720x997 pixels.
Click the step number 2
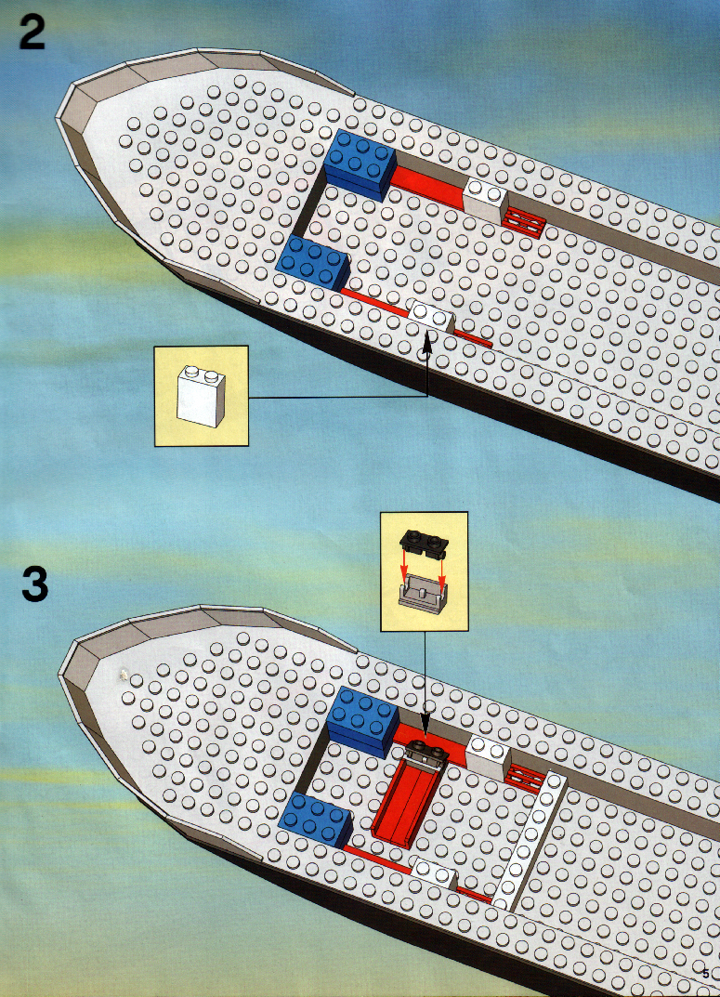[32, 33]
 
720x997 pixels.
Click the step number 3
[35, 584]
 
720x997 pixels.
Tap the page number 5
[705, 974]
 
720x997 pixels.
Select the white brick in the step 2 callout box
[201, 396]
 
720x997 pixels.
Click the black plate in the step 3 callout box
[424, 543]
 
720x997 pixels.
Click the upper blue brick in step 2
[360, 164]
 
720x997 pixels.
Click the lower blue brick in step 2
[314, 262]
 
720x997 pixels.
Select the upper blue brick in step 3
[363, 721]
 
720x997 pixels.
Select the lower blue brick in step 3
[316, 820]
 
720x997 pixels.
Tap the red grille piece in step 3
[524, 778]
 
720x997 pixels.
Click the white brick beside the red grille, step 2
[485, 200]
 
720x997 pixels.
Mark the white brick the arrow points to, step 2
[431, 317]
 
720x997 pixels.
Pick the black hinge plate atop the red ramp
[426, 753]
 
